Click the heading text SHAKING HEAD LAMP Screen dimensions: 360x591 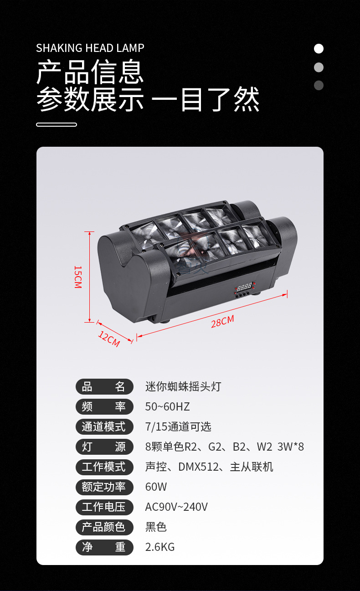pyautogui.click(x=90, y=48)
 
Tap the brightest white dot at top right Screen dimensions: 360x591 pyautogui.click(x=319, y=49)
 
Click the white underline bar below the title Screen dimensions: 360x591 pyautogui.click(x=57, y=124)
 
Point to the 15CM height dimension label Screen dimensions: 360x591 pyautogui.click(x=78, y=277)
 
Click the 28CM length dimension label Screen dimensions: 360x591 pyautogui.click(x=222, y=321)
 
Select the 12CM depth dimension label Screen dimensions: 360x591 pyautogui.click(x=109, y=339)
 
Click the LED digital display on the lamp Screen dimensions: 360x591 pyautogui.click(x=244, y=287)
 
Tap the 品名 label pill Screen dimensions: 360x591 pyautogui.click(x=104, y=386)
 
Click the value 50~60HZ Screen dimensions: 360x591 pyautogui.click(x=167, y=406)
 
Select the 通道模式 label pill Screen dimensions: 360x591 pyautogui.click(x=104, y=427)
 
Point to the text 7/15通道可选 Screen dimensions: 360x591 pyautogui.click(x=178, y=427)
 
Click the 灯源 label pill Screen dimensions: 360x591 pyautogui.click(x=104, y=447)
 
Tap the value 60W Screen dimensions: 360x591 pyautogui.click(x=156, y=487)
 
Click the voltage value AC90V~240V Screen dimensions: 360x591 pyautogui.click(x=176, y=507)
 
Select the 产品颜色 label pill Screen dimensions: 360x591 pyautogui.click(x=104, y=527)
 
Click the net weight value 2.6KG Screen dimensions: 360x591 pyautogui.click(x=160, y=547)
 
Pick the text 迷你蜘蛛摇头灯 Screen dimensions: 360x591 pyautogui.click(x=183, y=386)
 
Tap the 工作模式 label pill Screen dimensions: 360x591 pyautogui.click(x=104, y=467)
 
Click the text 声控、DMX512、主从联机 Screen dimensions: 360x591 pyautogui.click(x=209, y=467)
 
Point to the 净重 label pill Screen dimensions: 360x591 pyautogui.click(x=104, y=547)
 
